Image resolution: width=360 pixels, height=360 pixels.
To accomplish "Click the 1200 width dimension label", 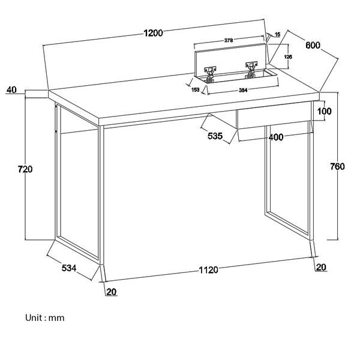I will (x=154, y=34).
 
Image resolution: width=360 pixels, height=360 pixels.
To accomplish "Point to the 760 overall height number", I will (x=337, y=167).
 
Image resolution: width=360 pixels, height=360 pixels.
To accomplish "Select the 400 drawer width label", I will (x=276, y=137).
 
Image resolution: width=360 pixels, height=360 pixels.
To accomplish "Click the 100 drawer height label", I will (x=325, y=111).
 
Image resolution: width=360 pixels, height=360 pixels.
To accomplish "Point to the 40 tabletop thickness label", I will (x=11, y=91).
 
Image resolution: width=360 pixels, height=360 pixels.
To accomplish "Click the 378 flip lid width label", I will (x=229, y=40).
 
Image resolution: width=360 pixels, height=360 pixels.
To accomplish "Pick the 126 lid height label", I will (x=287, y=56).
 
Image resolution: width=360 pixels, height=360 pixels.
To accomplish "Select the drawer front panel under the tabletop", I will (x=274, y=116).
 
